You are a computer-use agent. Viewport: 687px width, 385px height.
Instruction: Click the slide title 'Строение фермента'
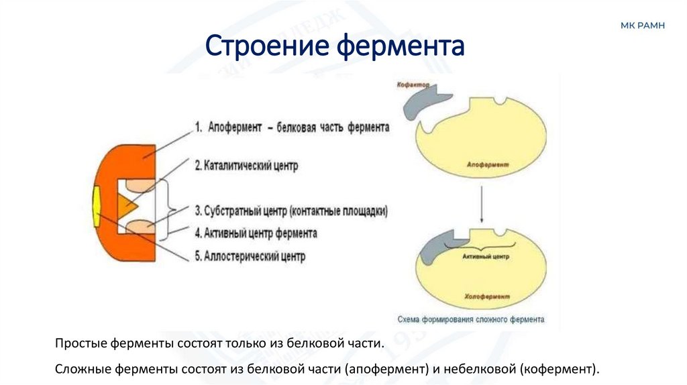click(334, 47)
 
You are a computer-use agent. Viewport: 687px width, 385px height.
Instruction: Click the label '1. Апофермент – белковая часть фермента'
click(291, 127)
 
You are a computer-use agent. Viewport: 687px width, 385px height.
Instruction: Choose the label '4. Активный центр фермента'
click(256, 233)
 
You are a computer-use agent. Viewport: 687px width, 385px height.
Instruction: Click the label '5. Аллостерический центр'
click(250, 256)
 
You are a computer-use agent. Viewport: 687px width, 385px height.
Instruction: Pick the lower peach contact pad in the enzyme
click(141, 228)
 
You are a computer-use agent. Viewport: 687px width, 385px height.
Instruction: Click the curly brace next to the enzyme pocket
click(172, 209)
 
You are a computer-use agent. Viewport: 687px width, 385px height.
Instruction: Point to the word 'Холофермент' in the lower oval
click(486, 296)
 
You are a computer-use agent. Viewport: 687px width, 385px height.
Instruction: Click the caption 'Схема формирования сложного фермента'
click(470, 319)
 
